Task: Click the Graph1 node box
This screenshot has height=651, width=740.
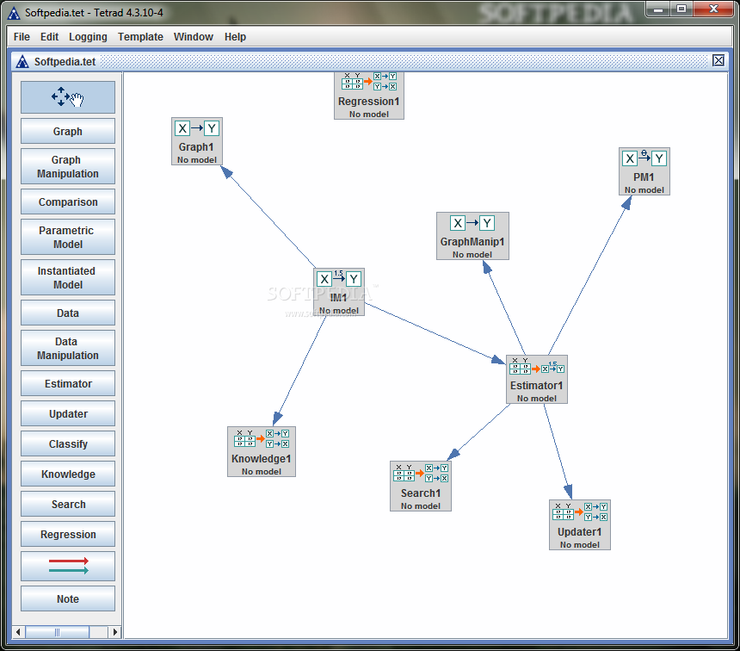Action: point(197,141)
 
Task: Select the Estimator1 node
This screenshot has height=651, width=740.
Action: point(537,380)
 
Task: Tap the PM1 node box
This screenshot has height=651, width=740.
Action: point(644,171)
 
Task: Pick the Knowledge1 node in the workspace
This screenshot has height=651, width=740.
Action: point(262,451)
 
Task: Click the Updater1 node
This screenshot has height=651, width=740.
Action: point(580,525)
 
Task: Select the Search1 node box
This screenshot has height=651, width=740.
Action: point(421,487)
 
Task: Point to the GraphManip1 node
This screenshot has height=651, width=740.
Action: point(472,236)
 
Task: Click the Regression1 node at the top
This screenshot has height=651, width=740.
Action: point(369,96)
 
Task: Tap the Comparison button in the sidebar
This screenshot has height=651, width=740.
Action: point(68,201)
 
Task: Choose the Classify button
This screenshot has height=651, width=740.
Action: point(68,443)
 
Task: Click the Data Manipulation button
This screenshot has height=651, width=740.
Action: point(68,348)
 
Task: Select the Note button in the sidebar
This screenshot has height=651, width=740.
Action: point(68,598)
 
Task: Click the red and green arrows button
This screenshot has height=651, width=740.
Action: point(68,566)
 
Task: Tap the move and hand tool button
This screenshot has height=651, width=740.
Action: point(68,97)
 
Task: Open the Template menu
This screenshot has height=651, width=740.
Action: point(140,37)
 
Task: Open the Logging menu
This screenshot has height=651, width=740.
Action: point(88,37)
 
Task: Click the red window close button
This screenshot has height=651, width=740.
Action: point(713,9)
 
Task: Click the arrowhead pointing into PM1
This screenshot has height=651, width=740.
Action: point(626,202)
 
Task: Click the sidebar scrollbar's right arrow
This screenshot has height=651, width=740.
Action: point(114,632)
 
